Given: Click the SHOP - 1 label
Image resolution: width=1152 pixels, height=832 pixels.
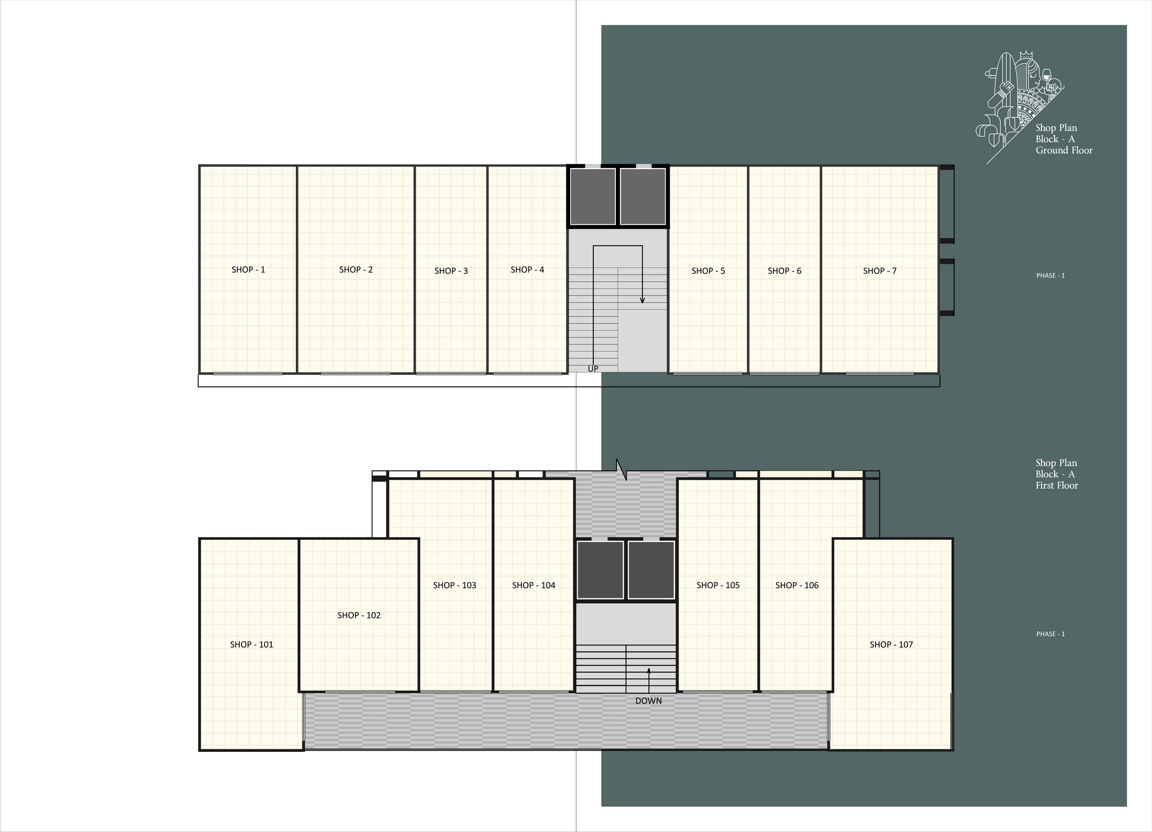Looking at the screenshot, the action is pos(248,270).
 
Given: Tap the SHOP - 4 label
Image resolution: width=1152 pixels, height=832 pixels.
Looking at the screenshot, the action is pos(527,270).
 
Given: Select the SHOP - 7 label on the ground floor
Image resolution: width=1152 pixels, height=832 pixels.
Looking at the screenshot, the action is pos(880,271).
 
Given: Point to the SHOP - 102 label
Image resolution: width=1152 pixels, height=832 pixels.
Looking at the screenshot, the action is pos(359,615).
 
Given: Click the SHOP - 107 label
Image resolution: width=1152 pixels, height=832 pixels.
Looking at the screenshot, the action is pos(891,645).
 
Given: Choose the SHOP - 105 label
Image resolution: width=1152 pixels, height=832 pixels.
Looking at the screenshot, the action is pos(718,585).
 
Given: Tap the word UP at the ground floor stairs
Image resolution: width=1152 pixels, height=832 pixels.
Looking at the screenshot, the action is pos(593,369).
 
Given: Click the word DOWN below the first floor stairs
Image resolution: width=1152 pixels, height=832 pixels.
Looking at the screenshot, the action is pos(648,701).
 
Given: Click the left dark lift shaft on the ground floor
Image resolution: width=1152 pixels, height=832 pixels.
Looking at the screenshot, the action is pos(593,196).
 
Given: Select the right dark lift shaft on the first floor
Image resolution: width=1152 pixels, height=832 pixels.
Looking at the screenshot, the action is pos(651,570).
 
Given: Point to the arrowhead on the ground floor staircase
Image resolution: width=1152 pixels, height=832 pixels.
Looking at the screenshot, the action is pos(643,300).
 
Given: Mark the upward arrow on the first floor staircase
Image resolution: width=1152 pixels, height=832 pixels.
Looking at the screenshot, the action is pos(649,680).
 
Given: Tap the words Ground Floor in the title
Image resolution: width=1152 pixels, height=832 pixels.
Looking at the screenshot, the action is pos(1064,150).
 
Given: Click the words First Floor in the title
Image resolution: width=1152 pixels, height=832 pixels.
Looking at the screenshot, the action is pos(1057,485).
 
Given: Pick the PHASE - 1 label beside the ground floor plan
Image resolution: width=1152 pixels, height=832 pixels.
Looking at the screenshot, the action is pos(1050,275).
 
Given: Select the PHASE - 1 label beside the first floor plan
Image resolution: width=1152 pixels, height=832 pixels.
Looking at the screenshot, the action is pos(1050,634).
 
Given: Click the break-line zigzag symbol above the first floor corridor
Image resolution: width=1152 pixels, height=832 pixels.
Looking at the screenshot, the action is pos(622,470).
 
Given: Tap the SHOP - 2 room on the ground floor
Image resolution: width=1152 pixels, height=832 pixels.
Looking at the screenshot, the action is pos(356,270).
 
